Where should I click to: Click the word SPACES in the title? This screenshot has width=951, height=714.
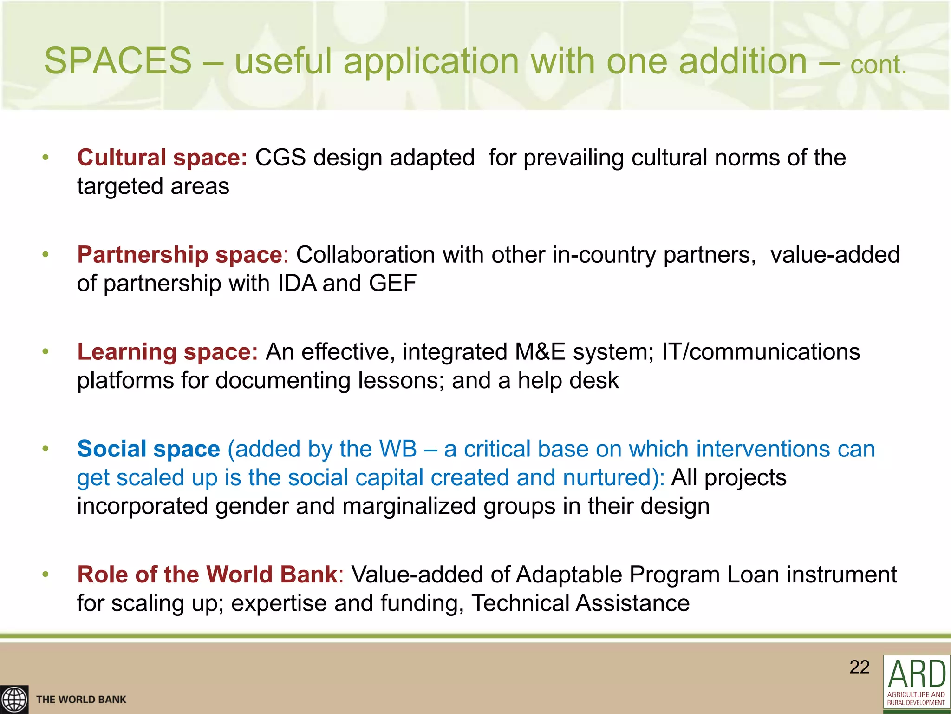[x=117, y=61]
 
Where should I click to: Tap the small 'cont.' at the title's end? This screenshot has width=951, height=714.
[x=878, y=65]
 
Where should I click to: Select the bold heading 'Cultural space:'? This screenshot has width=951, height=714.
[x=162, y=158]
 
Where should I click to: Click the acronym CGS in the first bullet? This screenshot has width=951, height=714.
[x=280, y=158]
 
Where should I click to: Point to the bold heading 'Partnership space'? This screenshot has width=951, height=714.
[x=180, y=255]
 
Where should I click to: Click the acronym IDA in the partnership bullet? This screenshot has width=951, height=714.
[x=297, y=283]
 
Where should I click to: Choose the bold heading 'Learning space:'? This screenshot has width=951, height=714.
[x=167, y=352]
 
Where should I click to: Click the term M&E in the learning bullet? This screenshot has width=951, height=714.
[x=540, y=352]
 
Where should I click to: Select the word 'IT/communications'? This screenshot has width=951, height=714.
[x=761, y=352]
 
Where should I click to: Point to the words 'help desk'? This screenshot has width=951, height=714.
[x=568, y=381]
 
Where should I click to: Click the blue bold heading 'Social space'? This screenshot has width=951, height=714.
[x=148, y=449]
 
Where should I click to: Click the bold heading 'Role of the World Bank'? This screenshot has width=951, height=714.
[x=207, y=575]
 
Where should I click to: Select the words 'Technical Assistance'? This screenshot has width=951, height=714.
[x=580, y=603]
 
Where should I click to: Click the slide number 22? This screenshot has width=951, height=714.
[x=860, y=667]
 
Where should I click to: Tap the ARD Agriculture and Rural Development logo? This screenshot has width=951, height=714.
[x=916, y=683]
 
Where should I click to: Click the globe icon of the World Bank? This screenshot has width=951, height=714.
[x=14, y=700]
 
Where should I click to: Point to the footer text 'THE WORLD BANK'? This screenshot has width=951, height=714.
[x=81, y=700]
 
